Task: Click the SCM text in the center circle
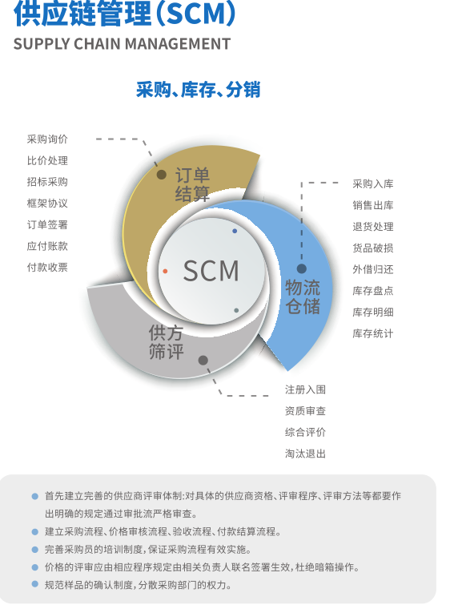point(211,271)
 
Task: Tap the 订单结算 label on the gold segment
point(192,184)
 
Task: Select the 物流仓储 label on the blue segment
point(303,296)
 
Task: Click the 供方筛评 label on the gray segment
point(166,342)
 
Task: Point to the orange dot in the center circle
point(165,271)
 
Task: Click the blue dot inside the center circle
point(235,231)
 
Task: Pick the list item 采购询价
point(47,139)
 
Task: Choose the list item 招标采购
point(47,182)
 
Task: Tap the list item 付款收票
point(47,268)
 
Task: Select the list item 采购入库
point(373,183)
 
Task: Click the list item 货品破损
point(373,248)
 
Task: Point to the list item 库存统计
point(373,333)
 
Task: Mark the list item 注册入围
point(305,389)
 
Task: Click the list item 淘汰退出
point(305,454)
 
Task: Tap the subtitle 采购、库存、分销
point(198,90)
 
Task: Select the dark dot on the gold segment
point(162,175)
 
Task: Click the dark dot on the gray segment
point(203,360)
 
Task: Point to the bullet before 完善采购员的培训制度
point(34,550)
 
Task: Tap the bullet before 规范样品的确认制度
point(34,584)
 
